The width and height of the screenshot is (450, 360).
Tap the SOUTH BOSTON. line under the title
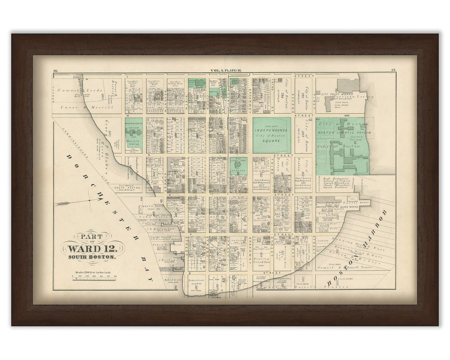[92, 257]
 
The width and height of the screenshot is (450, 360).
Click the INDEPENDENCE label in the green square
[272, 130]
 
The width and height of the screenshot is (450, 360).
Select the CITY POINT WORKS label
[336, 95]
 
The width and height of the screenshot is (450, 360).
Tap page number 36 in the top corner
[55, 70]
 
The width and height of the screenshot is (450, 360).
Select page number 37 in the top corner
[393, 70]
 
